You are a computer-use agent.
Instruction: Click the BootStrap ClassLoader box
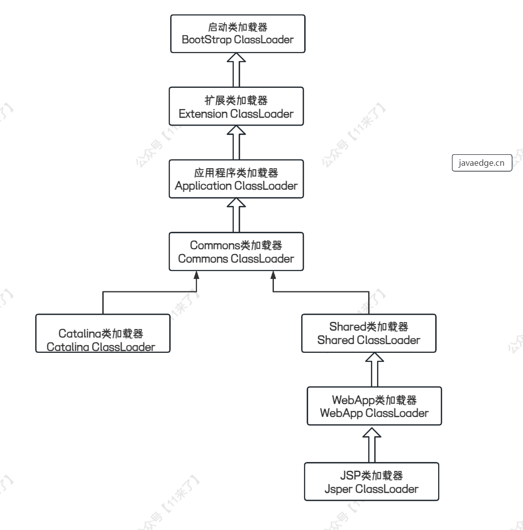pos(236,33)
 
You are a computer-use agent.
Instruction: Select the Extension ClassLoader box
pos(236,107)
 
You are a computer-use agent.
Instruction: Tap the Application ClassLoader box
pos(236,179)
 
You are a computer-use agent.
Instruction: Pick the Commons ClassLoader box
pos(236,252)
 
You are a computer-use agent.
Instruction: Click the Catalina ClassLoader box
pos(103,332)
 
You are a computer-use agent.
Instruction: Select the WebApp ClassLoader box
pos(375,406)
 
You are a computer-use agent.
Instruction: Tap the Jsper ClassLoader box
pos(372,481)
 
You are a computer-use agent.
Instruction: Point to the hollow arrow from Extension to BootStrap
pos(236,69)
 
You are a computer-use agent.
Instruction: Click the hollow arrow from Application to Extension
pos(236,142)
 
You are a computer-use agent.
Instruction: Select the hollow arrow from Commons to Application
pos(236,214)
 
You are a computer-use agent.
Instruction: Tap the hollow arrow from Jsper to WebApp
pos(372,444)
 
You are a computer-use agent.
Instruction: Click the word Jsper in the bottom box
pos(336,489)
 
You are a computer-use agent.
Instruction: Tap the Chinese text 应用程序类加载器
pos(236,173)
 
